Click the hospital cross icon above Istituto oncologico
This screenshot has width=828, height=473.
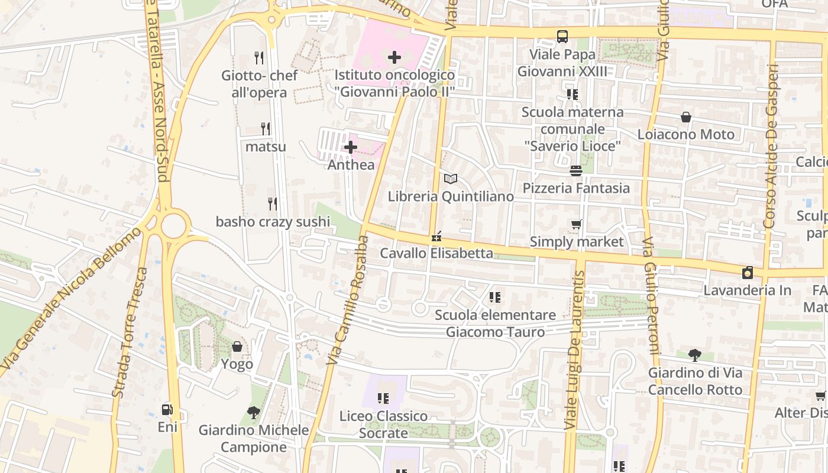point(394,57)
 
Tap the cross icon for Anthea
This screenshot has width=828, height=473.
point(351,147)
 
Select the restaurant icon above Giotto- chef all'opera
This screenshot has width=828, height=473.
point(258,57)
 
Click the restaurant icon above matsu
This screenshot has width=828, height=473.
point(266,128)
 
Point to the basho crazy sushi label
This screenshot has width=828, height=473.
point(273,222)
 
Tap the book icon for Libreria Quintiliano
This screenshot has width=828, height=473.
point(451,179)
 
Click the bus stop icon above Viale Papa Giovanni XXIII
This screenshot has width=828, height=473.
point(562,37)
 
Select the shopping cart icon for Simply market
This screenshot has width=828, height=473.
point(576,225)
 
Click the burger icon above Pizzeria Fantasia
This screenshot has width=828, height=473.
point(576,171)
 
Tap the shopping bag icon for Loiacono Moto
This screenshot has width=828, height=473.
point(686,117)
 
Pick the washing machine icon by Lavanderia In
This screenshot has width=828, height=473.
point(748,273)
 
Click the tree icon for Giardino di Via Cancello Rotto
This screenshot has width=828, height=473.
point(695,355)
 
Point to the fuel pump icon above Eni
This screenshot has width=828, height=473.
point(167,409)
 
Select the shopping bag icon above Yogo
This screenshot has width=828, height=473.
point(237,346)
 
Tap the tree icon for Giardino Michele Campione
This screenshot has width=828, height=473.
point(254,413)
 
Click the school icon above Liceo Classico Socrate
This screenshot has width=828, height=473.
point(383,399)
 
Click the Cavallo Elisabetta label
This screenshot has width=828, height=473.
point(436,254)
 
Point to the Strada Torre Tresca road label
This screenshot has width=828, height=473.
point(130,332)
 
